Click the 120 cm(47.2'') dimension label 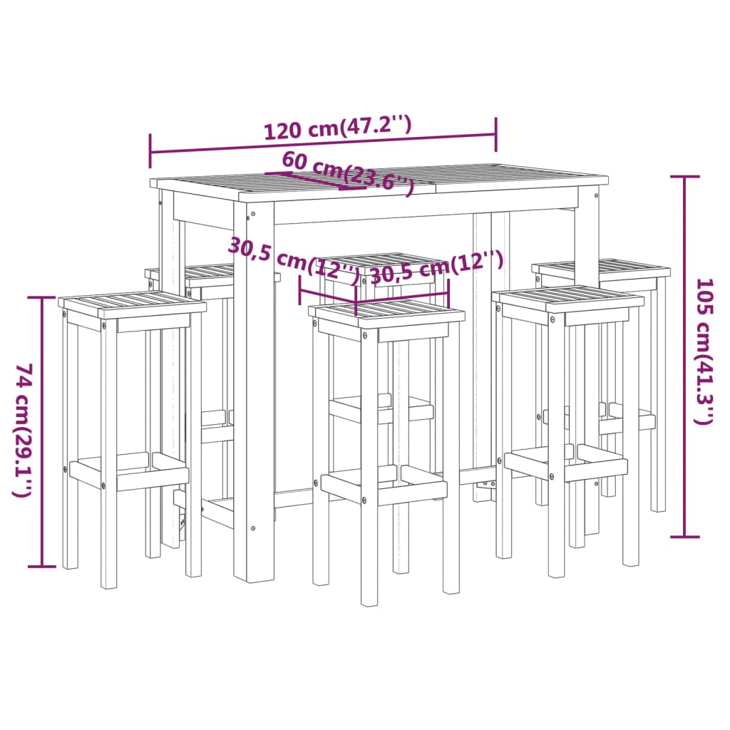(x=338, y=128)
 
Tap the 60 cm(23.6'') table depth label (x=347, y=172)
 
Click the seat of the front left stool (x=133, y=305)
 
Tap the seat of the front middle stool (x=386, y=312)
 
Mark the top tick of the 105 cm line (x=685, y=177)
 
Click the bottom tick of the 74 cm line (x=42, y=567)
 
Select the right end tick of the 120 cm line (x=495, y=133)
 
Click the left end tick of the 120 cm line (x=150, y=150)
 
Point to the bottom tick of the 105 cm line (x=685, y=536)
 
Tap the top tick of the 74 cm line (x=42, y=297)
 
